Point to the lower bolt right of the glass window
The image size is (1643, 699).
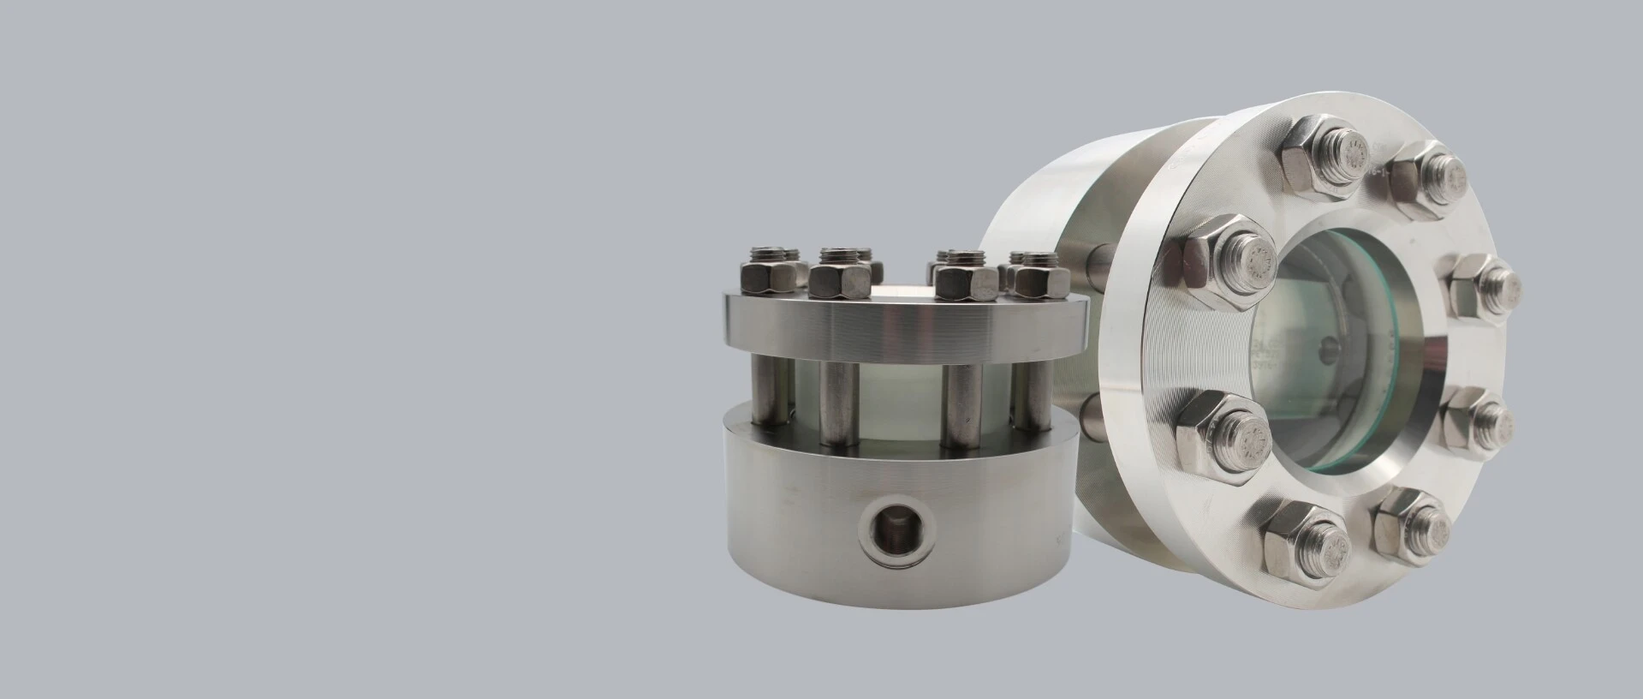pos(1476,420)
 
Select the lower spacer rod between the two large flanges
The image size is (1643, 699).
pos(1093,417)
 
